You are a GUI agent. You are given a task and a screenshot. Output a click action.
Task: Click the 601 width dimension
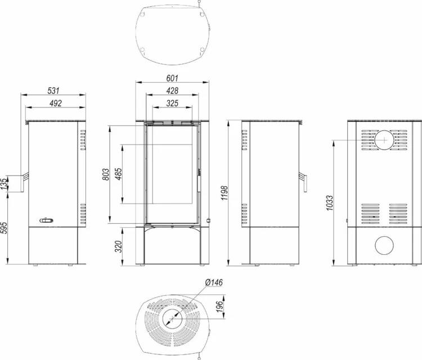[172, 78]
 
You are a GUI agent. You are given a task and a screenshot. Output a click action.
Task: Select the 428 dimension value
[172, 91]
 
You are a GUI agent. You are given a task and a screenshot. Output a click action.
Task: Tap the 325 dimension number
[172, 103]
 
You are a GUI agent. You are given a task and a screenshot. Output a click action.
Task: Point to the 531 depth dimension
[53, 91]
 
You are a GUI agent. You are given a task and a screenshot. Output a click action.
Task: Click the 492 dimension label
[56, 103]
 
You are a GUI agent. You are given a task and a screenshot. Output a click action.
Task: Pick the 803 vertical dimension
[106, 174]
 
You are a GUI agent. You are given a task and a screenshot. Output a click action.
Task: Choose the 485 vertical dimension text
[118, 174]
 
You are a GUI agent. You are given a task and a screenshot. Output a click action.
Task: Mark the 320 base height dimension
[118, 246]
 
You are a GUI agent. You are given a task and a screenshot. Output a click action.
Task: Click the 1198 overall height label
[224, 192]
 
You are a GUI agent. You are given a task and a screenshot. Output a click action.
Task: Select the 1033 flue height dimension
[329, 203]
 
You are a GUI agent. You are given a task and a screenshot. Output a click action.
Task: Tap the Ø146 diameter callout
[214, 282]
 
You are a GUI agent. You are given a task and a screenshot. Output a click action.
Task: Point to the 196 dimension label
[220, 307]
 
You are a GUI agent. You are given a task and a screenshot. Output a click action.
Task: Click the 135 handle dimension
[5, 184]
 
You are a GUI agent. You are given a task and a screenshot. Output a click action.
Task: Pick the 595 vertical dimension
[5, 228]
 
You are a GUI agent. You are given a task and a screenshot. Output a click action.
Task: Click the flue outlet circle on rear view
[384, 140]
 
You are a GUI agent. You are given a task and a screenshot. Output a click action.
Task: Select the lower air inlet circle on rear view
[384, 245]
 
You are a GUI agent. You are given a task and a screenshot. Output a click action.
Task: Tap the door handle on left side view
[24, 182]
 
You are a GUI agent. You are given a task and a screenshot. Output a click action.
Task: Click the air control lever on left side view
[46, 220]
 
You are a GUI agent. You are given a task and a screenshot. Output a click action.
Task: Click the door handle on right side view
[303, 182]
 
